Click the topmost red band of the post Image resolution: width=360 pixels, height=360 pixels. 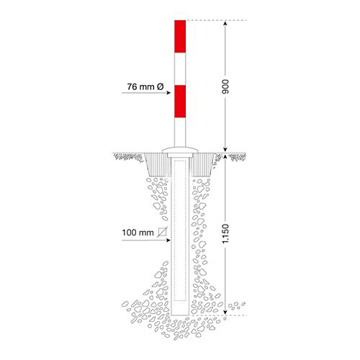tap(180, 37)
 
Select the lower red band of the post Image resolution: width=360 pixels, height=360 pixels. tap(180, 102)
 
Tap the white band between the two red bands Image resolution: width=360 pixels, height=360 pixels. tap(180, 69)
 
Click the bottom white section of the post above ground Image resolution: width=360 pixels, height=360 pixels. tap(180, 132)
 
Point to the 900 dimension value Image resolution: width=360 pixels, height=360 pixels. tap(225, 86)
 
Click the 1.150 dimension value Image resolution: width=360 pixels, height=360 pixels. tap(225, 234)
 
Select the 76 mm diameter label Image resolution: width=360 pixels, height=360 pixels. tap(145, 86)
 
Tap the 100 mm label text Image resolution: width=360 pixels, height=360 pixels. tap(138, 233)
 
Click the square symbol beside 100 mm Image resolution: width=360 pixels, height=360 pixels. tap(162, 232)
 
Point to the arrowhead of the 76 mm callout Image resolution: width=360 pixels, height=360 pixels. tap(168, 93)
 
